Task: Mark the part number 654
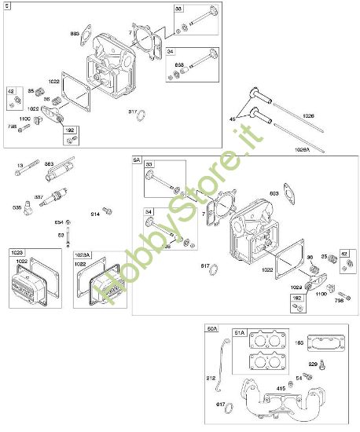pyautogui.click(x=59, y=222)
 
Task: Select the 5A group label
pyautogui.click(x=136, y=160)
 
